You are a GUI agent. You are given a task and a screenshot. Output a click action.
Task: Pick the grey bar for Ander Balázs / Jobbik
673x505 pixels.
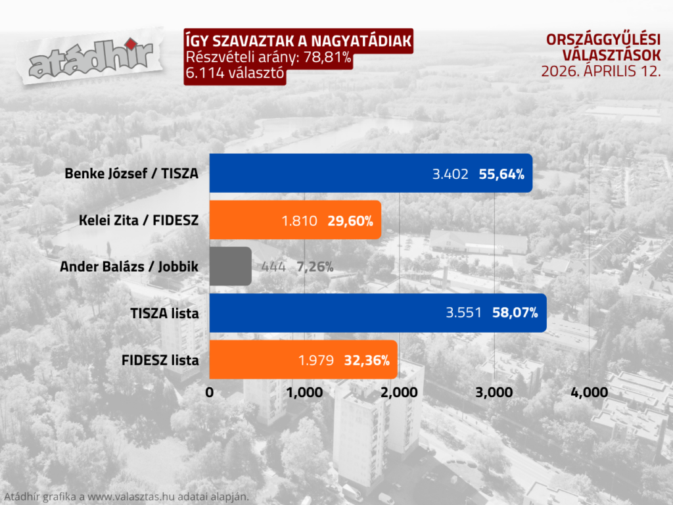click(x=230, y=266)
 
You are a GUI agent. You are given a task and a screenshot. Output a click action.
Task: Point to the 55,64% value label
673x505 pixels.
click(x=501, y=174)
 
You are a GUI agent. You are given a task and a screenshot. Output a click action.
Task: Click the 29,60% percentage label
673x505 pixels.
click(x=350, y=221)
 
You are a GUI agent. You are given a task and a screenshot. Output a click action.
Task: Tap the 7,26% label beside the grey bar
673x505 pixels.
click(x=315, y=267)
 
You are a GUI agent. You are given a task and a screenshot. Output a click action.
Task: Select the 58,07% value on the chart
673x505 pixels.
click(x=515, y=314)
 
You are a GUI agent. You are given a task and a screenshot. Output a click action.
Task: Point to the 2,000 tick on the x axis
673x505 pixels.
click(x=400, y=393)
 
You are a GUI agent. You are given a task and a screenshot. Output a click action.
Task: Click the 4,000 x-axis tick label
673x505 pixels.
click(x=589, y=393)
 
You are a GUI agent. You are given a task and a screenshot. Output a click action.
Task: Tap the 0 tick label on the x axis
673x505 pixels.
click(x=210, y=393)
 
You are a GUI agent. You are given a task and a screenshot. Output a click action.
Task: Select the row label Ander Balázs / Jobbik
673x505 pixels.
click(x=129, y=267)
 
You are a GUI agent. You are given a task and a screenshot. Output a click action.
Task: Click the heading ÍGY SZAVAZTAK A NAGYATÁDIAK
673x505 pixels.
click(x=299, y=41)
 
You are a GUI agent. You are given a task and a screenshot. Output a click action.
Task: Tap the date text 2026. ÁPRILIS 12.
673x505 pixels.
click(x=601, y=71)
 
